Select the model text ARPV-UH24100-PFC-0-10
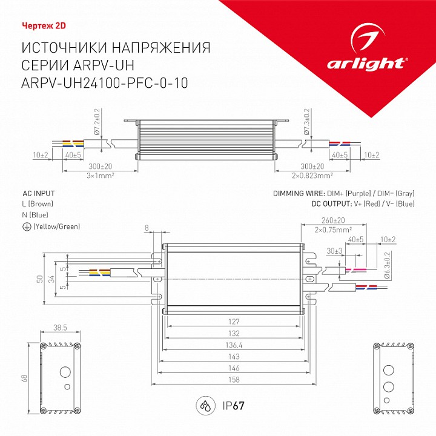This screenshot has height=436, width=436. (x=105, y=84)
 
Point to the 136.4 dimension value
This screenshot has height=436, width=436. (x=234, y=346)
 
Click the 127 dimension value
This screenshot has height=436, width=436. (x=234, y=322)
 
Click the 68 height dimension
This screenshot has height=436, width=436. (x=25, y=378)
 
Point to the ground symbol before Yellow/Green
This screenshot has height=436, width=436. (x=26, y=226)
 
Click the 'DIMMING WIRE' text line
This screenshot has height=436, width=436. (x=344, y=194)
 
